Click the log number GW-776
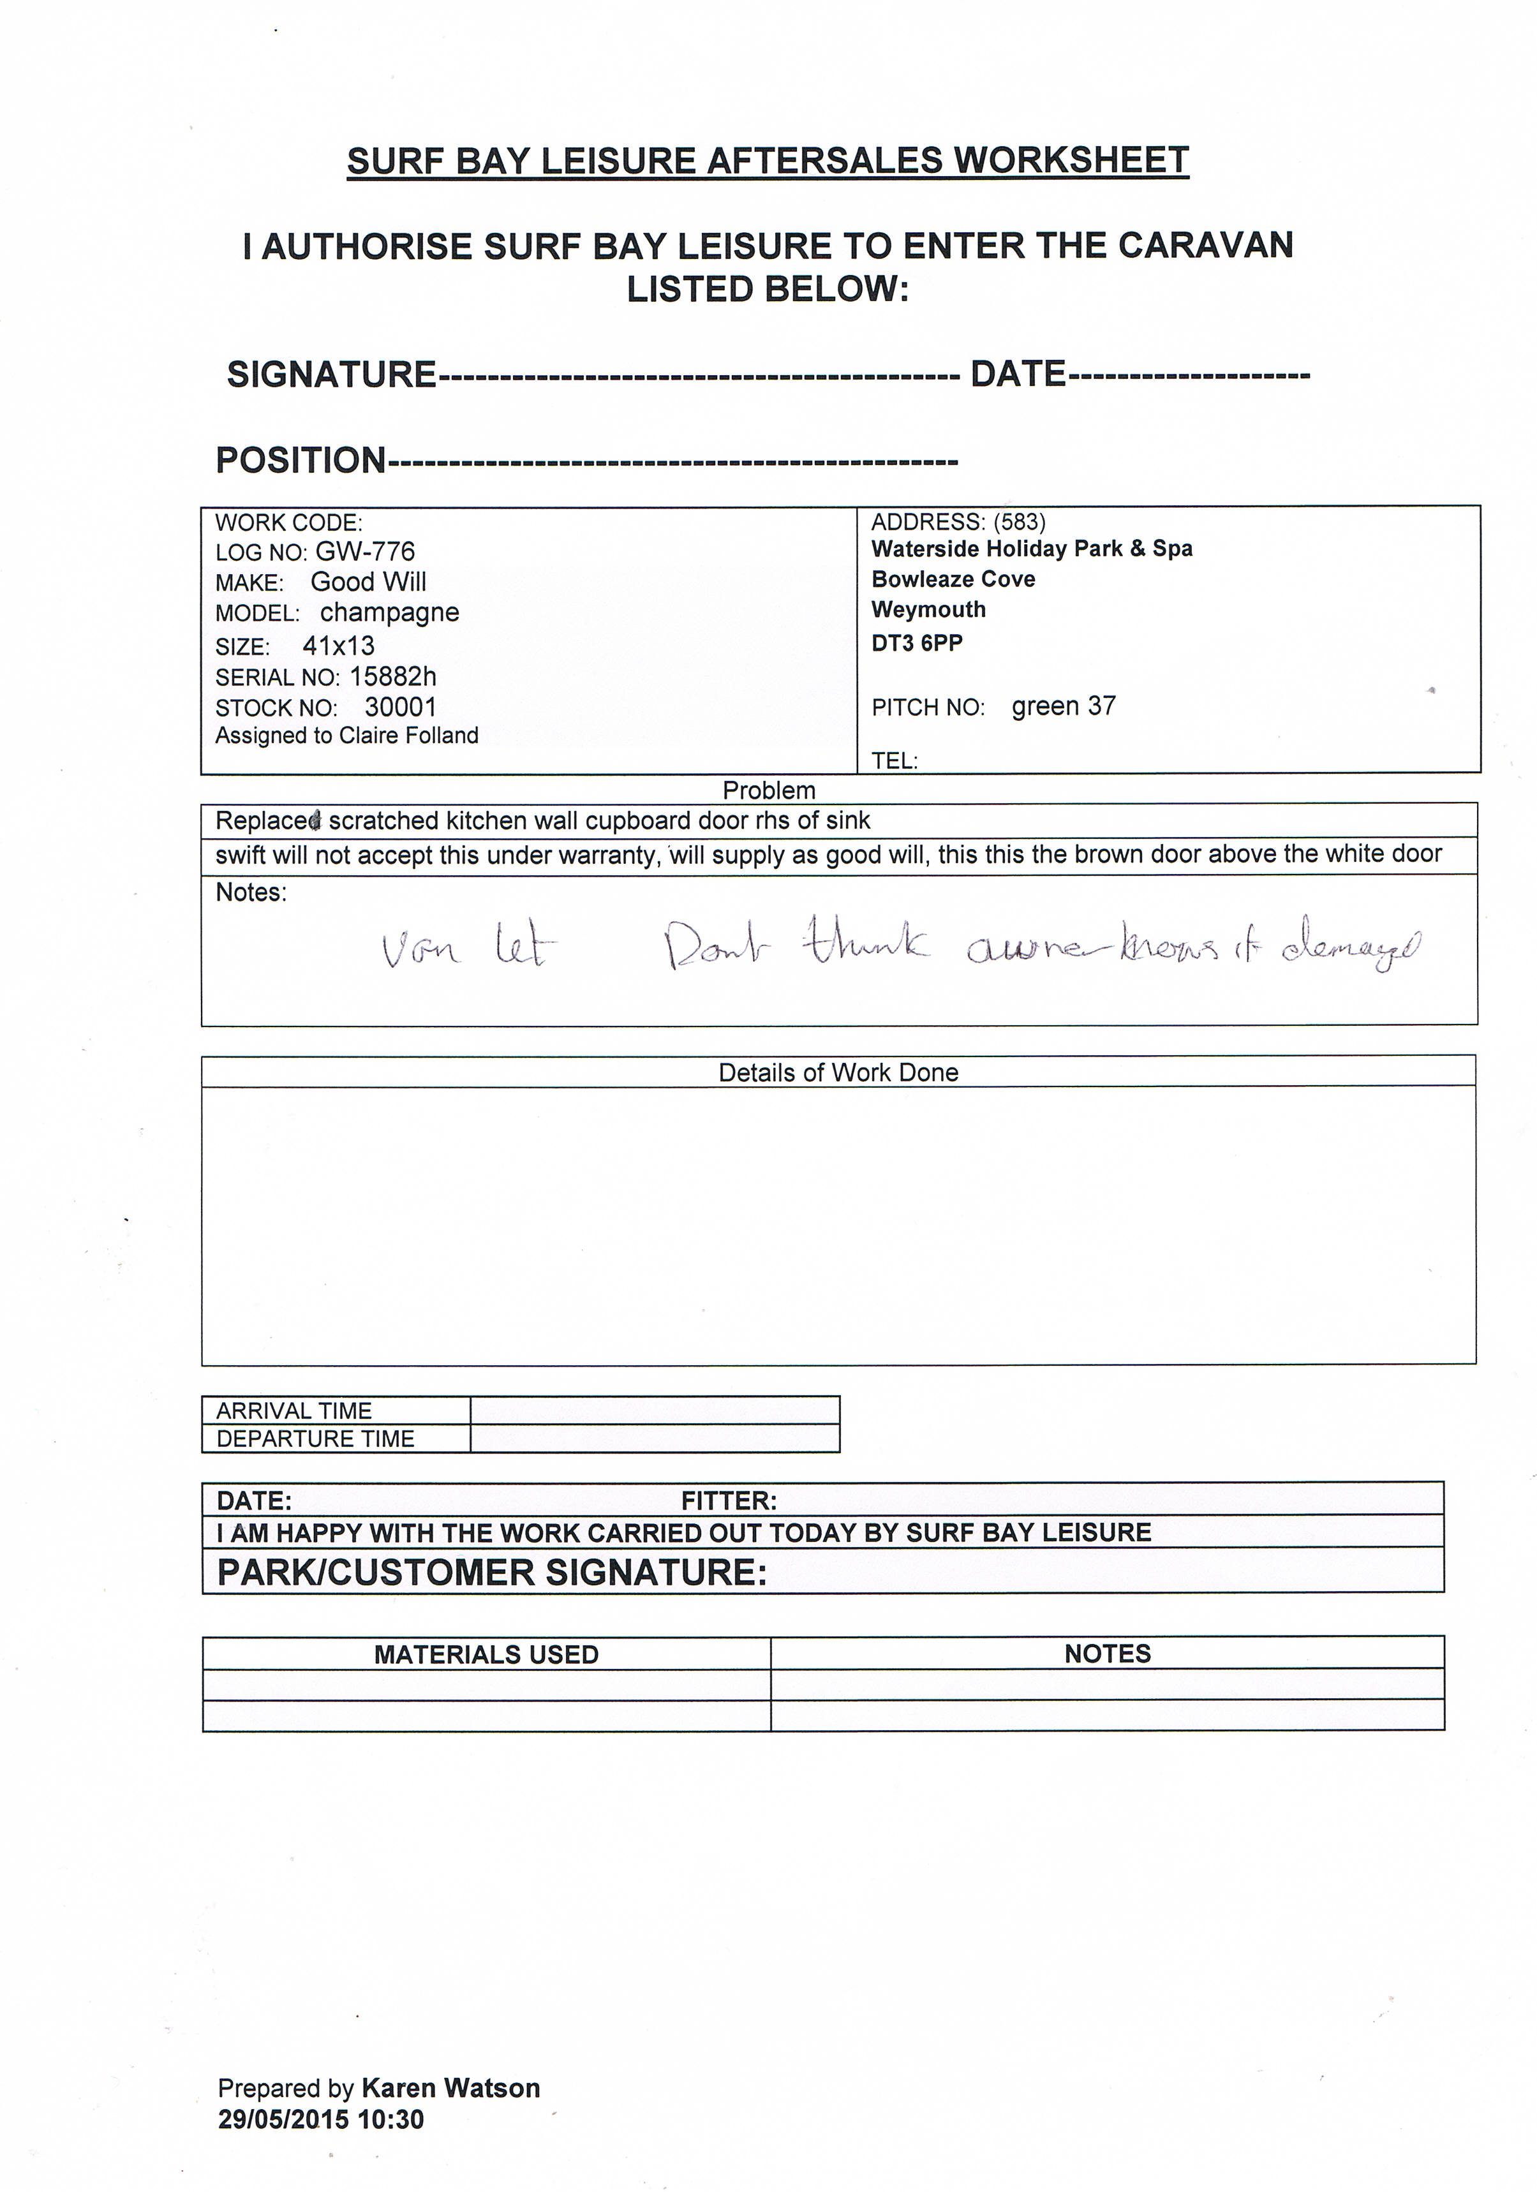(365, 552)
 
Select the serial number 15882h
(392, 677)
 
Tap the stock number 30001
(400, 707)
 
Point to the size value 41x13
(338, 646)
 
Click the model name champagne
(389, 613)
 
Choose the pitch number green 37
(1064, 706)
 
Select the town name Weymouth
(928, 610)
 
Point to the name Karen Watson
(450, 2089)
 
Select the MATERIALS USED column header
(486, 1654)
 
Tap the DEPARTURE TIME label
(315, 1439)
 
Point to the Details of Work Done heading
(838, 1073)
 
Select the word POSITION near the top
(301, 460)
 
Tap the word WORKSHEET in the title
(1071, 160)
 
